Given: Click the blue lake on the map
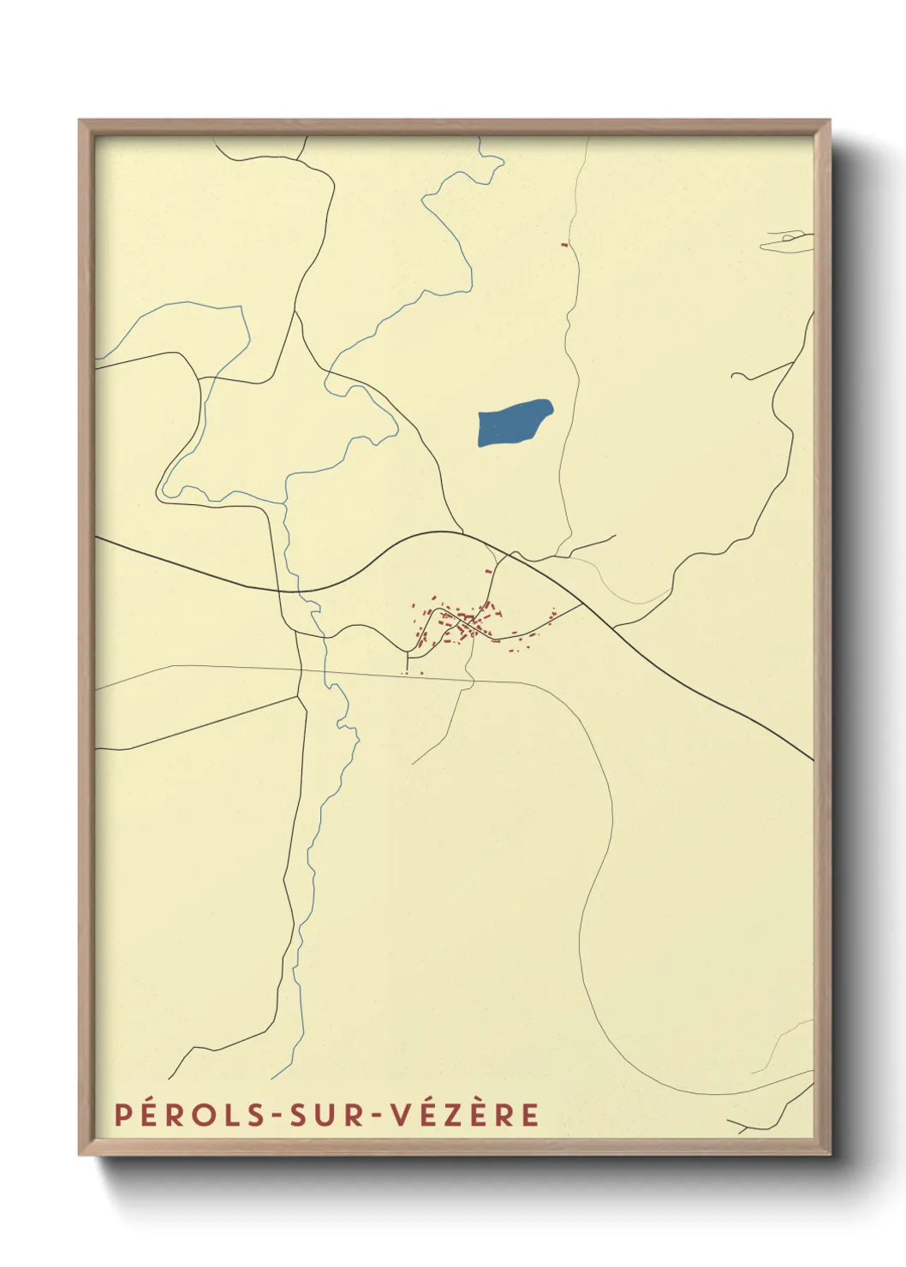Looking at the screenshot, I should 514,423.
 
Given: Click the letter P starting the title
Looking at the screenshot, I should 123,1115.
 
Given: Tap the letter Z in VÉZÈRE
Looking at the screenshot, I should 456,1115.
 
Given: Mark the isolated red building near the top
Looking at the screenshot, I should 564,245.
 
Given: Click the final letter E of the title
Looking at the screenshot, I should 531,1115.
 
